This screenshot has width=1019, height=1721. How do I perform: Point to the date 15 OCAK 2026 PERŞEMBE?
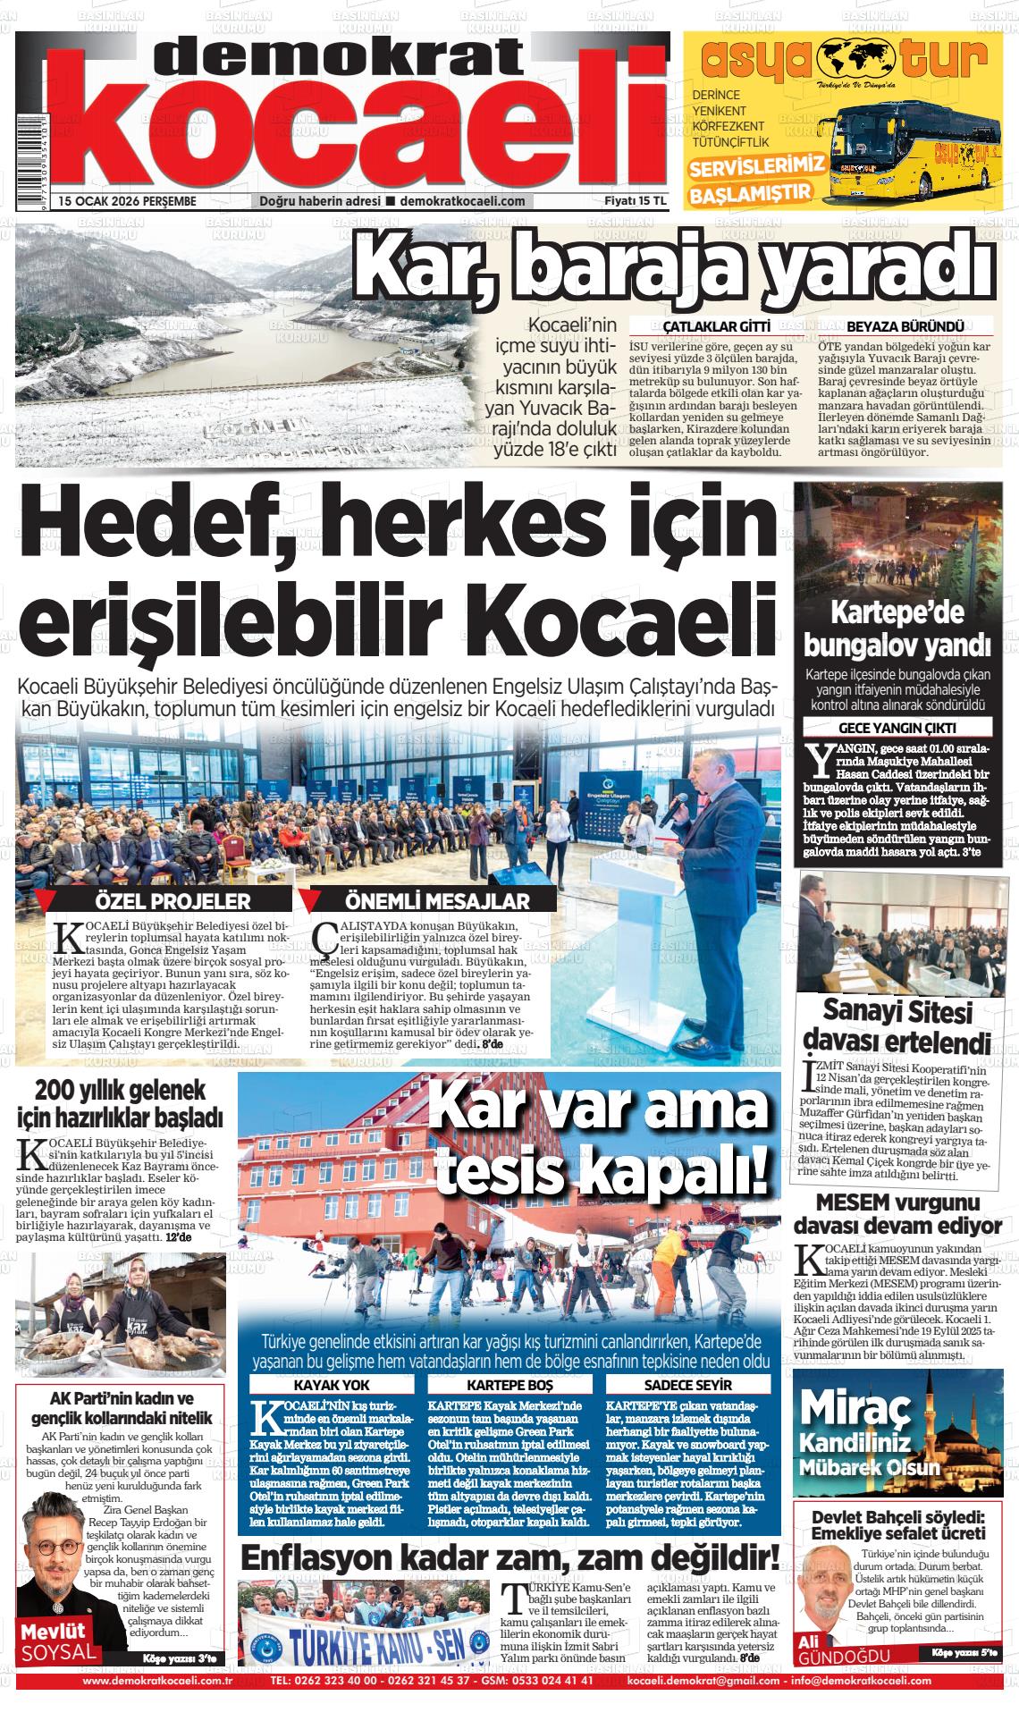127,201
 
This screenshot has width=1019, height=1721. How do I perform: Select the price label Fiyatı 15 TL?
636,201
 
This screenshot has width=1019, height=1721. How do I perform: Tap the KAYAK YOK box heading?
333,1385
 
